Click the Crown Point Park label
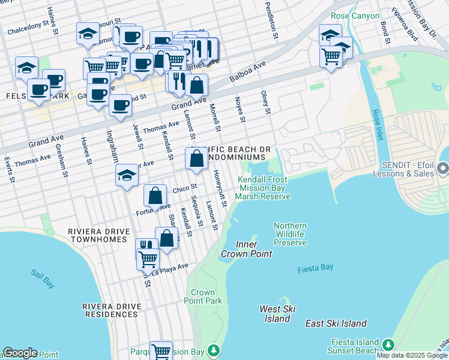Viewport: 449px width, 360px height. coord(203,296)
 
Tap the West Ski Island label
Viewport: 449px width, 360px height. coord(277,314)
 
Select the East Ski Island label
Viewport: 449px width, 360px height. coord(336,323)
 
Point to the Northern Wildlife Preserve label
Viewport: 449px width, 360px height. coord(290,235)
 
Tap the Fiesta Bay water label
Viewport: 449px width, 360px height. coord(315,270)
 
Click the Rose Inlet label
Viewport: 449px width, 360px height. coord(376,124)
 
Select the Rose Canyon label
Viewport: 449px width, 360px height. coord(355,16)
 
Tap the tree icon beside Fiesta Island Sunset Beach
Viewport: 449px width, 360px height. coord(388,344)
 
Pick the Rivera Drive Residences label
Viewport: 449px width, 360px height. coord(113,310)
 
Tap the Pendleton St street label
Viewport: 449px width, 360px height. coord(271,20)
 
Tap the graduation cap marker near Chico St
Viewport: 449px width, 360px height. coord(127,175)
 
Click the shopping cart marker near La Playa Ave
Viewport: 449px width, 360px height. coord(148,259)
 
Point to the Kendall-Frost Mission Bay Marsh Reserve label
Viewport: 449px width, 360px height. coord(262,188)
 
